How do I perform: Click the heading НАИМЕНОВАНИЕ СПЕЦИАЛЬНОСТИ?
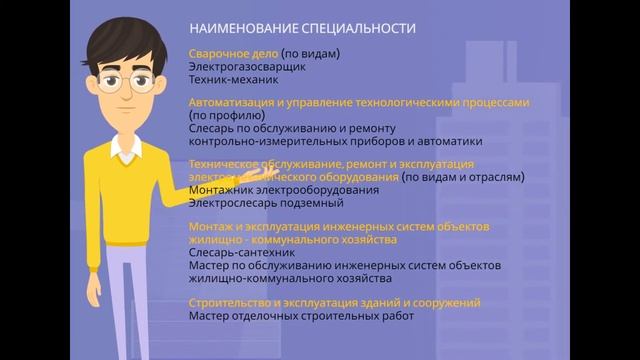(x=301, y=29)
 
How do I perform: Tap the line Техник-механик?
(x=226, y=79)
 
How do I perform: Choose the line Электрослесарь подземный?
(x=259, y=203)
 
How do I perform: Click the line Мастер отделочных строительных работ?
(x=301, y=316)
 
